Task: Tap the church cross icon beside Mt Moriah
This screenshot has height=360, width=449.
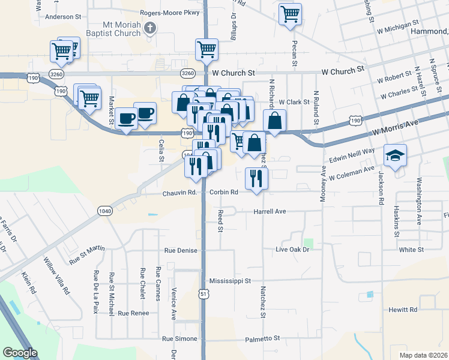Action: [151, 28]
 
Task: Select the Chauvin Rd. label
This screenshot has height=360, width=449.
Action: [180, 193]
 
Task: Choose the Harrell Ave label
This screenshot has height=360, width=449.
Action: [270, 212]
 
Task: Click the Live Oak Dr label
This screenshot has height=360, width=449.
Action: [292, 249]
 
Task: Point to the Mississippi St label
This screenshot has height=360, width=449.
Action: [230, 280]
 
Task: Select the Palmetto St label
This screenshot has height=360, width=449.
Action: [263, 338]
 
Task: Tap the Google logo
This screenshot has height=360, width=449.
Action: [20, 353]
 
